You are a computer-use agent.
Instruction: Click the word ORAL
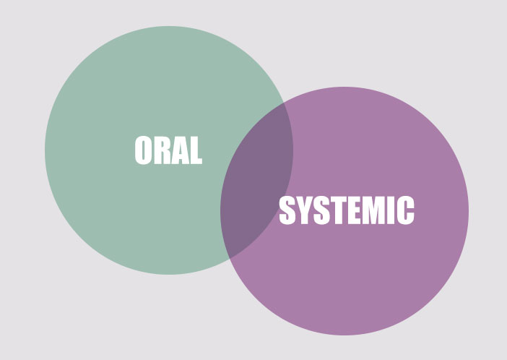168,150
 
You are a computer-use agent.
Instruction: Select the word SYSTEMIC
346,210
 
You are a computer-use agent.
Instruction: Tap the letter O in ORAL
143,150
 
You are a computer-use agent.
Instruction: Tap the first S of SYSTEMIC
287,210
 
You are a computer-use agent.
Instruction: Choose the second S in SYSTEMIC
321,210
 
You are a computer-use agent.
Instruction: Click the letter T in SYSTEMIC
338,210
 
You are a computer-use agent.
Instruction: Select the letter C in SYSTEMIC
406,210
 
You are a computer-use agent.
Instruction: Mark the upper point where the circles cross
284,103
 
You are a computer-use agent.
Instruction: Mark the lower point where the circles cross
229,258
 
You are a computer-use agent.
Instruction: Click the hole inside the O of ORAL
143,150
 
